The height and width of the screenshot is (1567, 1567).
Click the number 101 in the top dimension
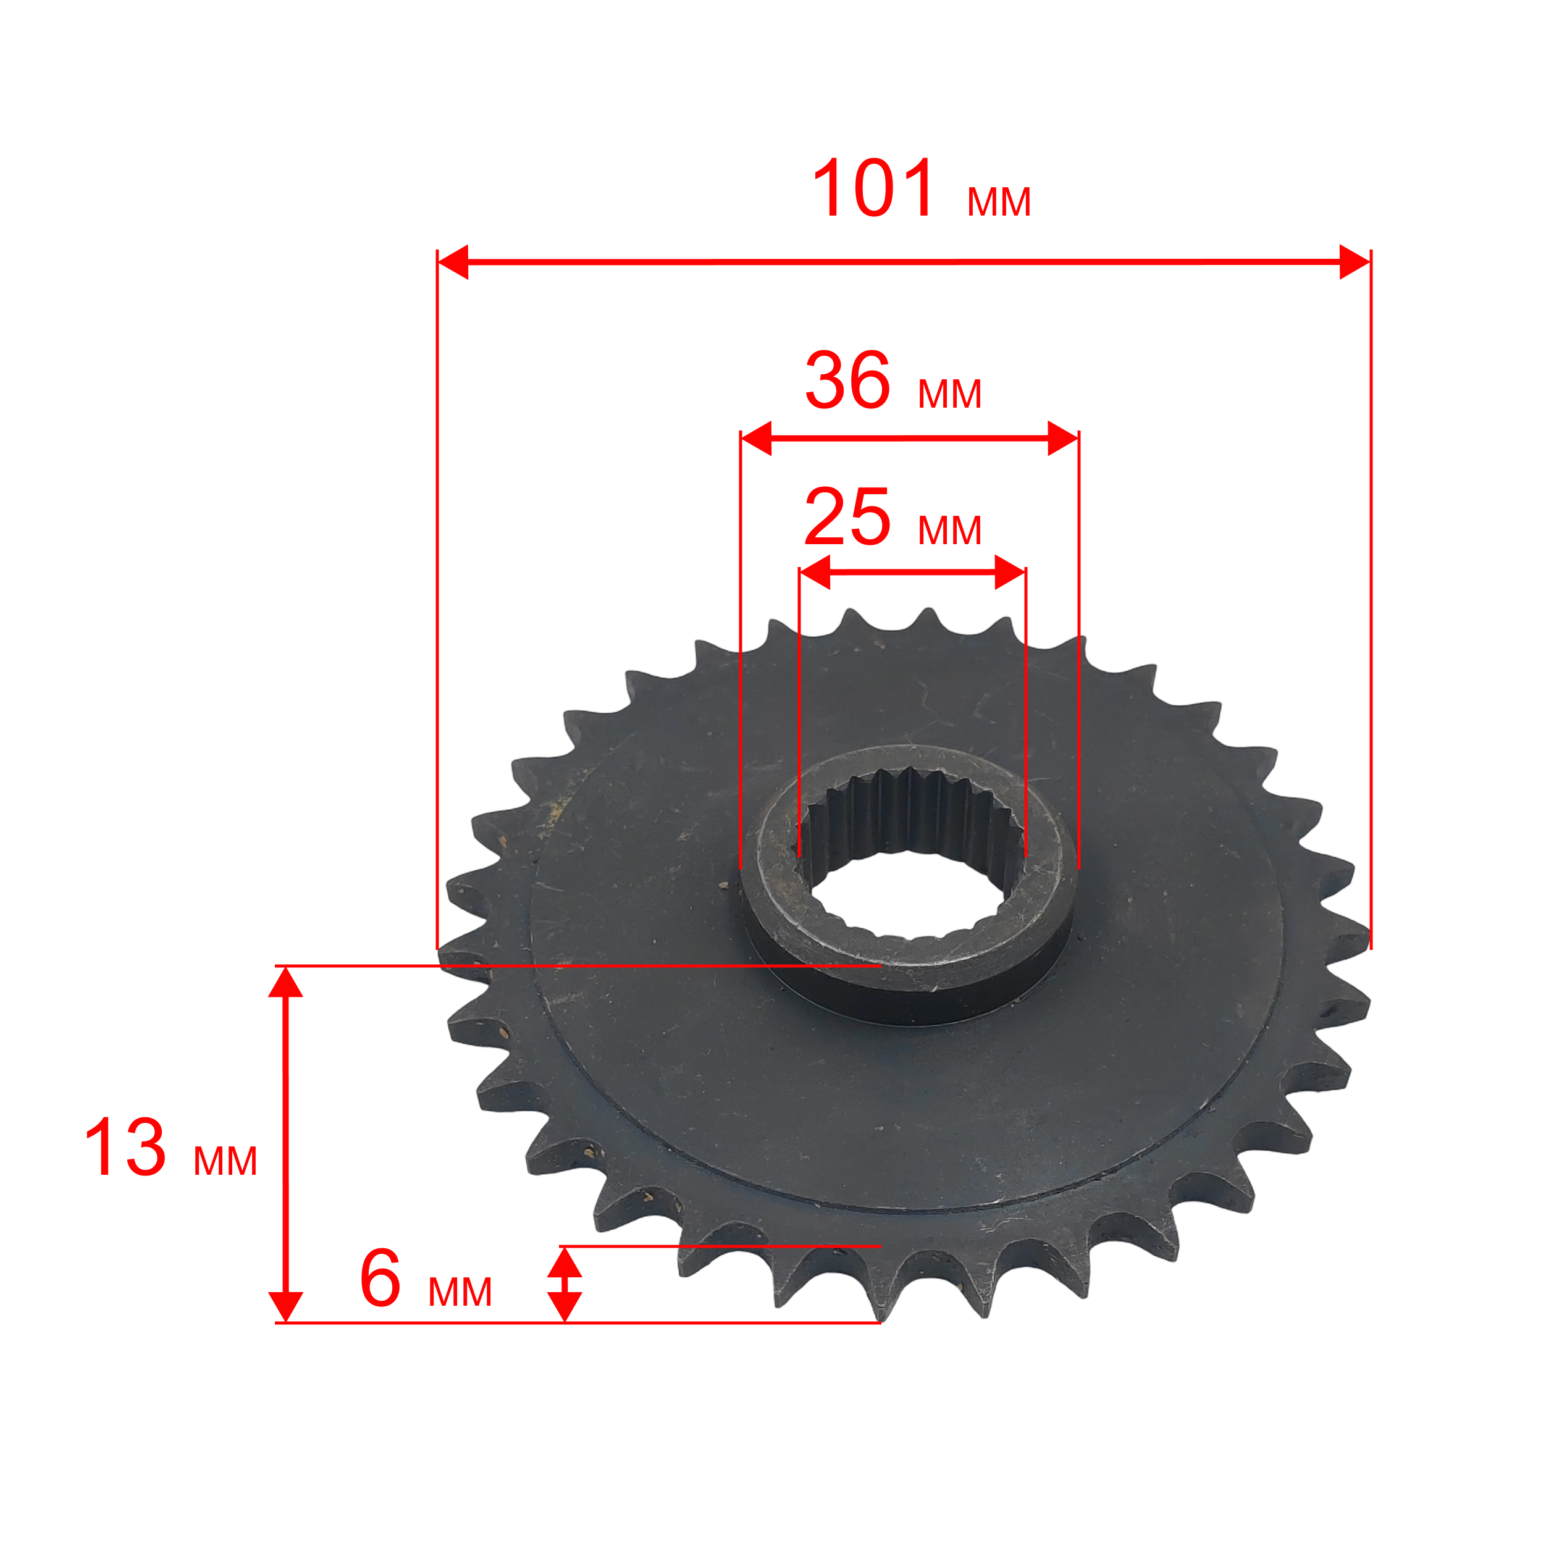coord(873,188)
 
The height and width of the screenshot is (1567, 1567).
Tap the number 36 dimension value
coord(847,380)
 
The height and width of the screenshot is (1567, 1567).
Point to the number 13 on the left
coord(126,1147)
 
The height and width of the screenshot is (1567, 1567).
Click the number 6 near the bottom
coord(380,1279)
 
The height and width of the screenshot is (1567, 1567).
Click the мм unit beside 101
coord(998,201)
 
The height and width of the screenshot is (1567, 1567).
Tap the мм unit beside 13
coord(225,1161)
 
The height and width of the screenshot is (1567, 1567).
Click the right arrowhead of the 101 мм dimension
coord(1355,262)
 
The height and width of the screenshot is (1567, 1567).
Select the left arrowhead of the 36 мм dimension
coord(756,438)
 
